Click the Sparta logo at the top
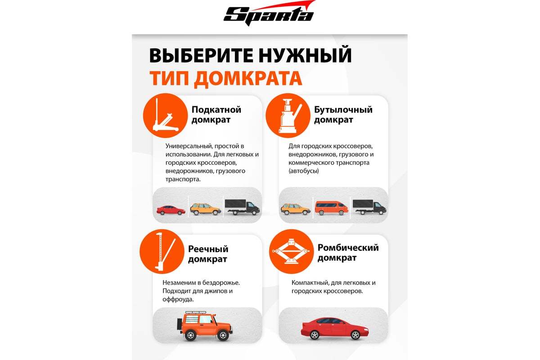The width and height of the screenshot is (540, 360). [269, 13]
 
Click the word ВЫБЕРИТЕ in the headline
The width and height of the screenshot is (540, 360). [201, 55]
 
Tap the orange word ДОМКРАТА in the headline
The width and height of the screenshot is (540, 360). [248, 78]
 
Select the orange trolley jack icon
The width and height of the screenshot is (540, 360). [165, 116]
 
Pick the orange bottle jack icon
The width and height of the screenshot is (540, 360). [288, 116]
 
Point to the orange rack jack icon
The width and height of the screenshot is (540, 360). [162, 252]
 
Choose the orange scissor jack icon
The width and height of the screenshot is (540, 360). [292, 252]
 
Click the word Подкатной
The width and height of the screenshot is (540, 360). [216, 110]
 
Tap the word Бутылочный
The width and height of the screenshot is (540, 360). [343, 110]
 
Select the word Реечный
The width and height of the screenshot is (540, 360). [208, 249]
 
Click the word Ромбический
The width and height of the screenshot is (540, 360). [348, 248]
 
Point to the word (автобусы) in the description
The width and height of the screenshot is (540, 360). [303, 171]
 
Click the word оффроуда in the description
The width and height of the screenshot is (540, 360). [177, 300]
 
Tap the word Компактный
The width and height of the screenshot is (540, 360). [310, 283]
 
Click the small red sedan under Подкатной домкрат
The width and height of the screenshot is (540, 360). [171, 210]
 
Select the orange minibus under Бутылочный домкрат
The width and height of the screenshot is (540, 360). [332, 208]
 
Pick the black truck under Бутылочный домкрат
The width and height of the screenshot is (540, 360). [369, 207]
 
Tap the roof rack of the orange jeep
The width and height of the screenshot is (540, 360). [196, 312]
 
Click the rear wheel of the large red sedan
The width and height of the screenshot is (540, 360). [315, 335]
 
